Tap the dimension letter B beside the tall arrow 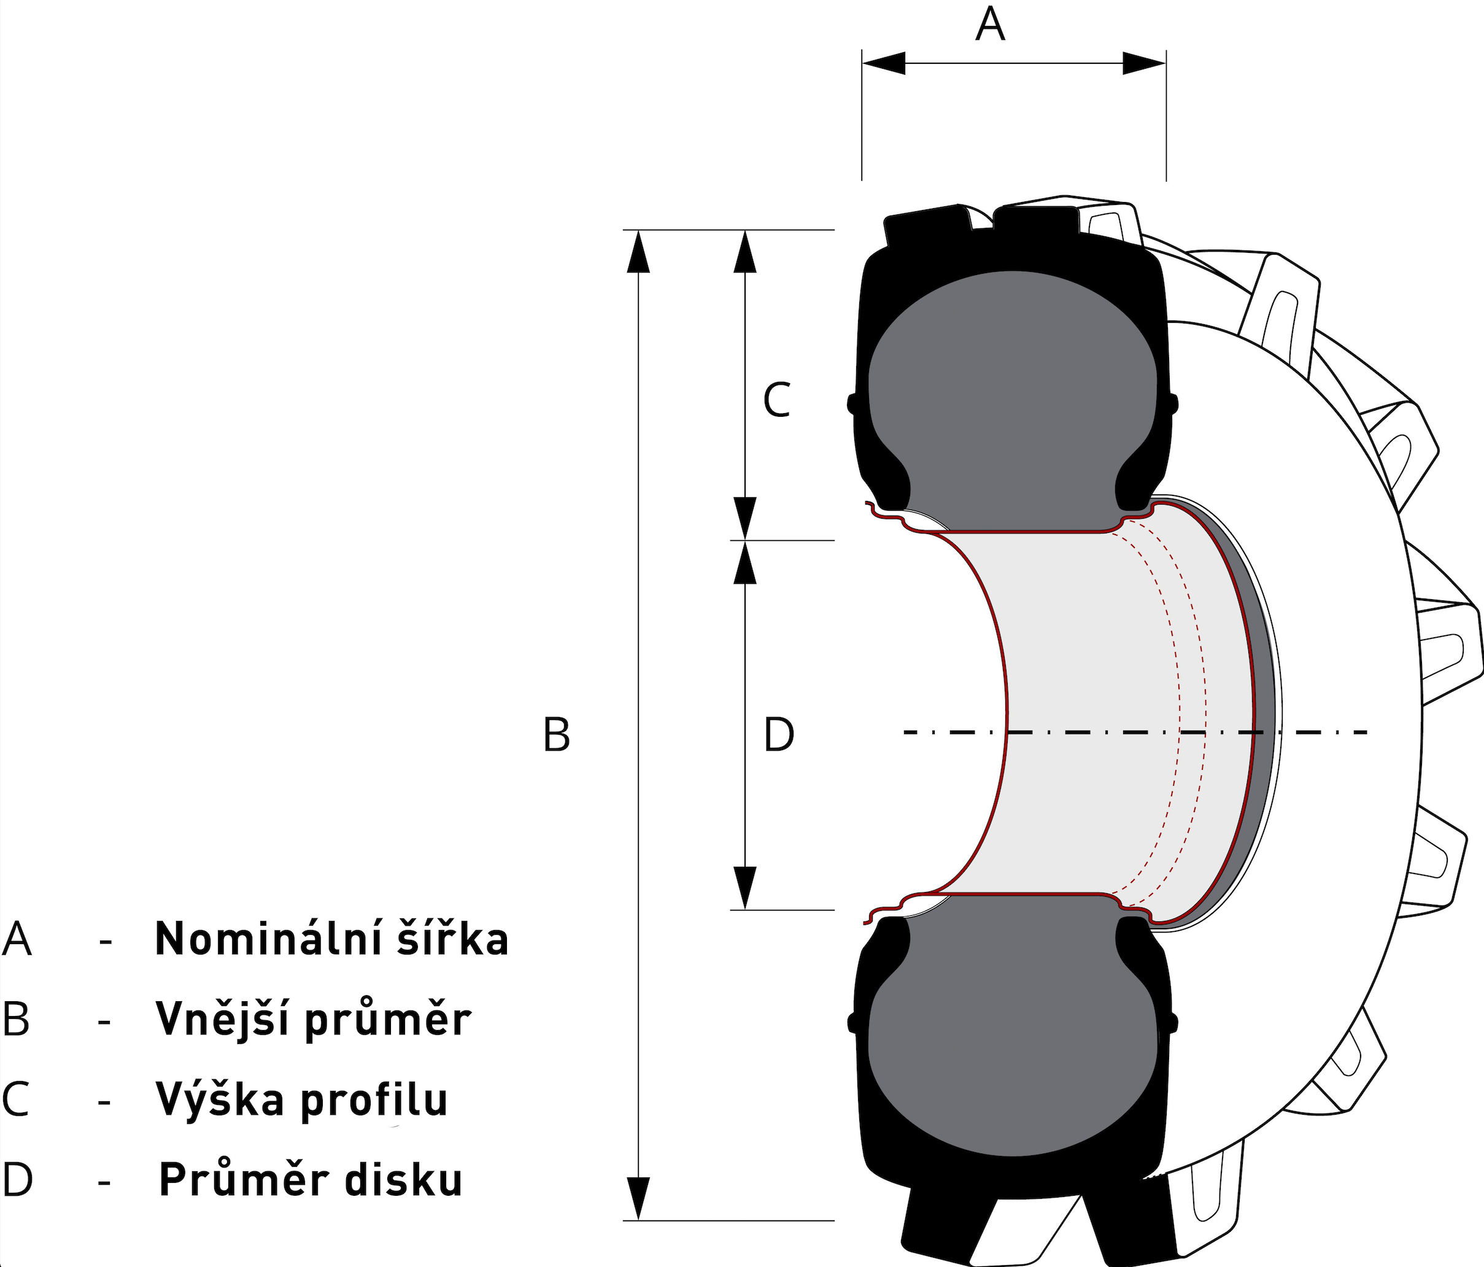557,735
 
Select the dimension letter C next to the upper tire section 777,400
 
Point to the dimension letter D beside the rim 779,735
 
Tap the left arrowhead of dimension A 884,63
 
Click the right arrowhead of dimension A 1144,63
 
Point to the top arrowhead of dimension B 638,252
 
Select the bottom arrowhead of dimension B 638,1198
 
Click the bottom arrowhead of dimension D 746,888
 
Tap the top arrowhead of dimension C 746,252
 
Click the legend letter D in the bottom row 17,1180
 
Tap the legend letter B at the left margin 16,1019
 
